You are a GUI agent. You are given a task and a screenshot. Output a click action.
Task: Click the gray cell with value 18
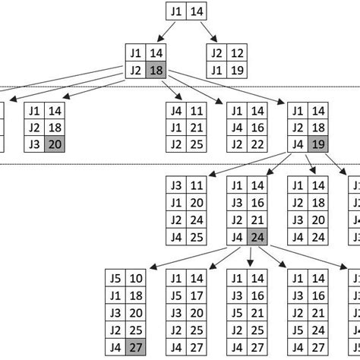click(x=156, y=71)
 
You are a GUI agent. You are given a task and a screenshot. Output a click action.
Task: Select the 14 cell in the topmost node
click(x=196, y=11)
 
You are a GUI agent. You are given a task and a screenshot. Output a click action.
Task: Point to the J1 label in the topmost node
click(x=175, y=11)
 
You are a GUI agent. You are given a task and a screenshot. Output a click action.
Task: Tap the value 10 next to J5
click(x=137, y=279)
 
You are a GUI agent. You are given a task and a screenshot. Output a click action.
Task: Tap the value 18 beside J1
click(x=137, y=295)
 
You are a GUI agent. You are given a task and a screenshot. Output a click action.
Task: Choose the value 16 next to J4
click(x=258, y=126)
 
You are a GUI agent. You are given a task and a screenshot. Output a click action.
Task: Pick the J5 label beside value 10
click(x=115, y=279)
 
